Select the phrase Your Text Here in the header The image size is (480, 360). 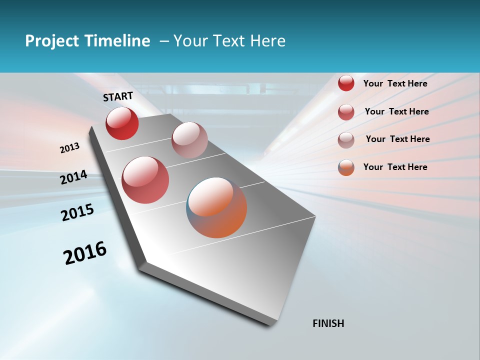229,41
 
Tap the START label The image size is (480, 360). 118,96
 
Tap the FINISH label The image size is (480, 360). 328,323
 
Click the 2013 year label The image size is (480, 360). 69,148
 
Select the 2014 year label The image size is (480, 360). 73,177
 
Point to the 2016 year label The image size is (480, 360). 85,253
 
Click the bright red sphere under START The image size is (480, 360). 122,123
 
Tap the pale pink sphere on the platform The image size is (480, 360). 189,140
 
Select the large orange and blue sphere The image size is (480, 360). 216,207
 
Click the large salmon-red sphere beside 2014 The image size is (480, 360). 145,180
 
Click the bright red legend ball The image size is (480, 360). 346,83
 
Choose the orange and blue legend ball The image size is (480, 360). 346,167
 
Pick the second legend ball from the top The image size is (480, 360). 346,112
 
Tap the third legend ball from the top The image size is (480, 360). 346,140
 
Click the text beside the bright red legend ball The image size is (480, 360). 395,83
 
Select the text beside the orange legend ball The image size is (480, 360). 395,167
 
